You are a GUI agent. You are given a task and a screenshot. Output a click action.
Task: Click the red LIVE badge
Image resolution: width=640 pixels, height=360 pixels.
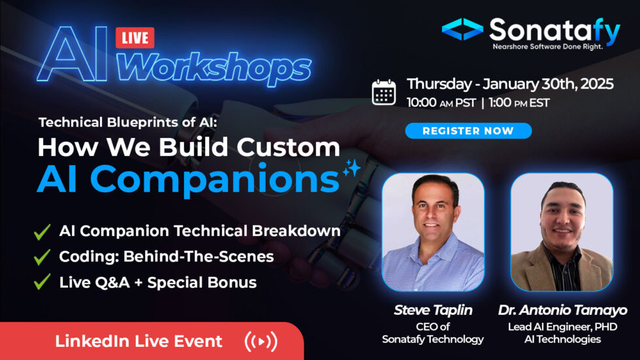point(135,38)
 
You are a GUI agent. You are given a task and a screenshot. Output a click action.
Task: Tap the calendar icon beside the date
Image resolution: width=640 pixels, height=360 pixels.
point(384,93)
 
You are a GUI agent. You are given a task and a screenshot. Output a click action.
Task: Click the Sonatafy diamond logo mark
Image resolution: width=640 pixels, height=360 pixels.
point(462,29)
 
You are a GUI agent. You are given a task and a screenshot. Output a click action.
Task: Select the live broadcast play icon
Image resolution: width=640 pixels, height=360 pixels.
point(261,341)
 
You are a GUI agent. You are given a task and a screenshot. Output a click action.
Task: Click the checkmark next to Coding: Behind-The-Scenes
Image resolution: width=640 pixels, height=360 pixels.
point(42,257)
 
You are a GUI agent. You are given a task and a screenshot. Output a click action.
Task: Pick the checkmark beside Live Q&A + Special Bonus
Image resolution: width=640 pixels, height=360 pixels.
point(42,282)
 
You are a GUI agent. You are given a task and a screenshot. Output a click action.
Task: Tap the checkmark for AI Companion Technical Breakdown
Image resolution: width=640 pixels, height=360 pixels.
point(42,232)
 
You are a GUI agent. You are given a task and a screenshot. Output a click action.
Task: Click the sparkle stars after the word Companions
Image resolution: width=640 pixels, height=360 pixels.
point(352,168)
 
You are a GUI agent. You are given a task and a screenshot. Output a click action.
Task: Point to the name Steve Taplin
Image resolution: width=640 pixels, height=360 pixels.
point(433,310)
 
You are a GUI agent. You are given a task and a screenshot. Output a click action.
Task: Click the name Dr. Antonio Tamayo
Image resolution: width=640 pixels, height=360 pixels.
point(562,310)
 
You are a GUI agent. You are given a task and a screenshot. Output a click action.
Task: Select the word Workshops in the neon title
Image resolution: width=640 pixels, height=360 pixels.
point(214,67)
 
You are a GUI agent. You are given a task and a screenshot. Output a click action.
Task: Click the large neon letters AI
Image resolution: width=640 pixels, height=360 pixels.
point(72,54)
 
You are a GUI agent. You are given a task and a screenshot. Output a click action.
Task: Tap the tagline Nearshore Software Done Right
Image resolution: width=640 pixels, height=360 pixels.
point(547,46)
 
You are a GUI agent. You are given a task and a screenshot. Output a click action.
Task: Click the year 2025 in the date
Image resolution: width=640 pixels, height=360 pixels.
point(597,84)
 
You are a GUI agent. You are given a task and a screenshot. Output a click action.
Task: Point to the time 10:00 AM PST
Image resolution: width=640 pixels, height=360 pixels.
point(441,103)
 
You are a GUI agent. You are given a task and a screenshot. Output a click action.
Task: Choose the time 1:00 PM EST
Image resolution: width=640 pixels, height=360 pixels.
point(519,103)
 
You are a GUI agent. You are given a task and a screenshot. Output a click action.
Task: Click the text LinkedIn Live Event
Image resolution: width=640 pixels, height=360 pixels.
point(138,341)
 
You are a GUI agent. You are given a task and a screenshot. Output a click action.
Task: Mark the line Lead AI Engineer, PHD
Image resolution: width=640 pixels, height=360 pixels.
point(562,327)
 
